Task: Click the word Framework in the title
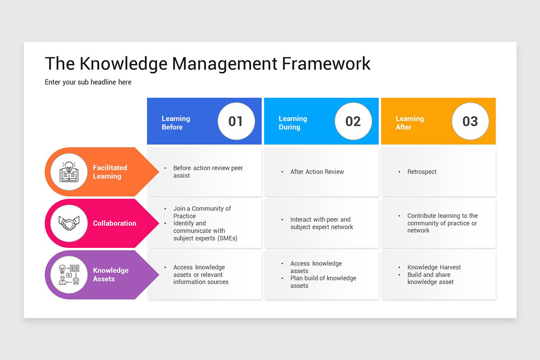pos(326,63)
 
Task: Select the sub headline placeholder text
pos(88,82)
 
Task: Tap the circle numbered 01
pos(236,121)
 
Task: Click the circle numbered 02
pos(353,121)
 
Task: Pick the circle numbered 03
pos(470,121)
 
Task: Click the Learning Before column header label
pos(176,123)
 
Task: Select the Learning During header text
pos(292,123)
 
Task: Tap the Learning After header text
pos(409,123)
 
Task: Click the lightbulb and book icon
pos(69,172)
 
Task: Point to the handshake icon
pos(69,223)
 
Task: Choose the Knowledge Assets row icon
pos(69,274)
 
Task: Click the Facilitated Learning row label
pos(110,172)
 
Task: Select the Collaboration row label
pos(114,223)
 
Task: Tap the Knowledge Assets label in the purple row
pos(111,274)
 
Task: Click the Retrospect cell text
pos(422,172)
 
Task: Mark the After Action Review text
pos(317,172)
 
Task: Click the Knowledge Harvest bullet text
pos(434,267)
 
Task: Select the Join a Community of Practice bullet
pos(202,212)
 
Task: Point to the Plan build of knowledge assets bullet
pos(323,282)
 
